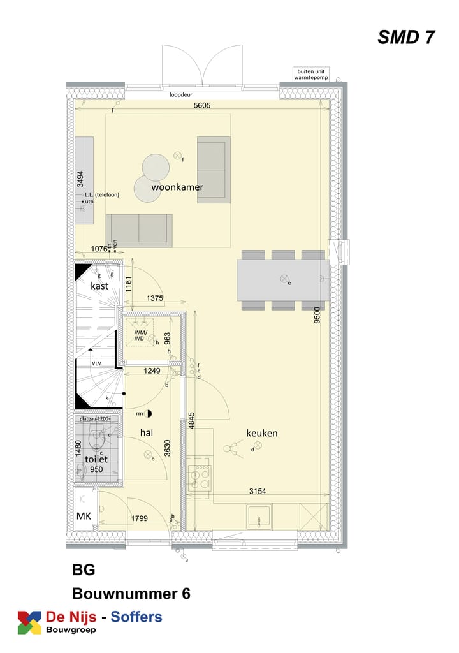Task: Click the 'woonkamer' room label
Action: [x=177, y=187]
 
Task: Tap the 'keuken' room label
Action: [x=262, y=433]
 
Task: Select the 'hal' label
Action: [x=148, y=432]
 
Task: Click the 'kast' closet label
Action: [x=99, y=286]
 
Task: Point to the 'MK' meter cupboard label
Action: [x=84, y=515]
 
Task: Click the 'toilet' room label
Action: [x=96, y=459]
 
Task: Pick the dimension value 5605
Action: [x=202, y=106]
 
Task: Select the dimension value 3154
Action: [x=258, y=490]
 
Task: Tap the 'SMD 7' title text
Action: [x=406, y=38]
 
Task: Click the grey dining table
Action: [x=283, y=279]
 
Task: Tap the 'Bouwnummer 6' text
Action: [x=131, y=593]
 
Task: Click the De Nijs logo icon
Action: [x=29, y=622]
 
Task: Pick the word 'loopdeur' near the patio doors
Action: [x=181, y=95]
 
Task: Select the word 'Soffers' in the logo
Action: [x=136, y=617]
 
